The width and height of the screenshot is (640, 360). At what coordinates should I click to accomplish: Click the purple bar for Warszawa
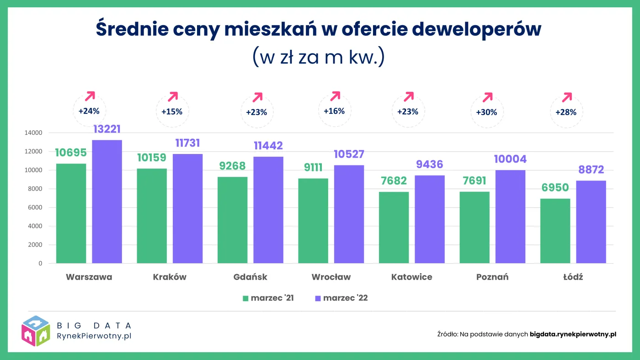[107, 201]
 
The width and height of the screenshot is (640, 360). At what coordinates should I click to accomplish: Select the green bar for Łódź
[555, 231]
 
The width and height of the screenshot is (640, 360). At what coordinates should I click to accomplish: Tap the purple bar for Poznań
[510, 217]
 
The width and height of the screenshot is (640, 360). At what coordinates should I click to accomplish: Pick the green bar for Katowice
[394, 228]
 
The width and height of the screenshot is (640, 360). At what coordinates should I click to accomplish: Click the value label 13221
[107, 129]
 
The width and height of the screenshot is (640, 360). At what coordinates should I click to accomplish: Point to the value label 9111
[313, 168]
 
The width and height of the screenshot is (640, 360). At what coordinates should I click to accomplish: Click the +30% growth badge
[486, 112]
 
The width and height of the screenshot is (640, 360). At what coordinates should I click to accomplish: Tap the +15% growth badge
[172, 111]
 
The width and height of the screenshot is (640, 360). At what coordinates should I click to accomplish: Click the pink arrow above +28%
[567, 97]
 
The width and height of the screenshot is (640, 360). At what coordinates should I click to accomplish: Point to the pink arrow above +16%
[336, 96]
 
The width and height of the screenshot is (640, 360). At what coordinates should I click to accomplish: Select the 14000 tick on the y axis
[33, 133]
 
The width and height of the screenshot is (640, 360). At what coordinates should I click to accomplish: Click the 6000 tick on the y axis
[35, 207]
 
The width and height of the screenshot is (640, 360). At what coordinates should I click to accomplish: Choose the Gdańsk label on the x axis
[250, 277]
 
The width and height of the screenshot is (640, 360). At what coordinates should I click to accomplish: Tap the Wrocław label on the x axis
[331, 277]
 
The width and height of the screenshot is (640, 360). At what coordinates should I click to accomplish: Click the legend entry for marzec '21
[268, 298]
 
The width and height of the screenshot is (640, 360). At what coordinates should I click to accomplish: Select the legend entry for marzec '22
[341, 298]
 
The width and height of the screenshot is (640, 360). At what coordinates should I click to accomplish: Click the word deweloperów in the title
[477, 29]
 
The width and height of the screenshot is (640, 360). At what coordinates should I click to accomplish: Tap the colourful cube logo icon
[36, 331]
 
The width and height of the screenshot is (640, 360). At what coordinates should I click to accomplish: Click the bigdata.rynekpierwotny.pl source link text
[573, 334]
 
